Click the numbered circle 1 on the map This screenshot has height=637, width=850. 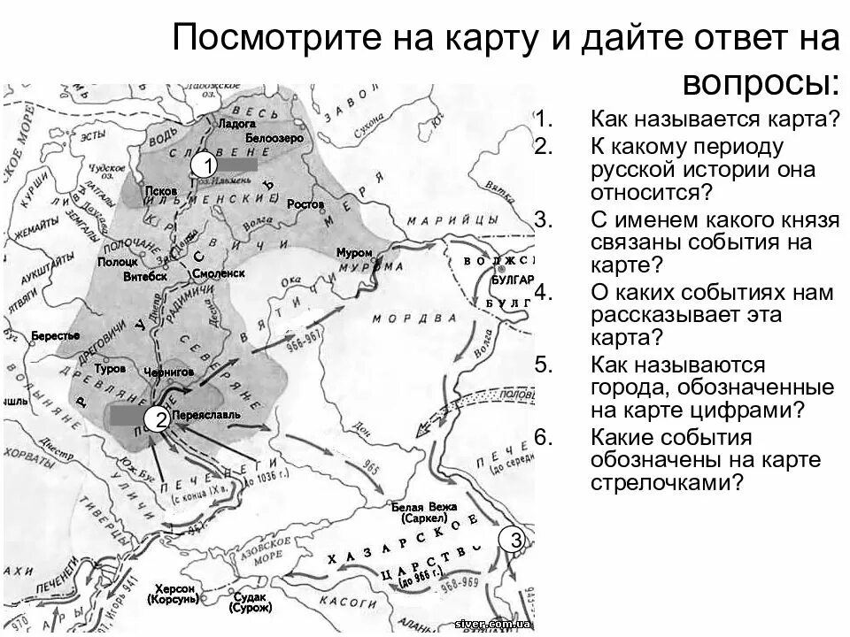pyautogui.click(x=206, y=165)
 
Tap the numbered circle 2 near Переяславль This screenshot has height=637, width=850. pyautogui.click(x=160, y=420)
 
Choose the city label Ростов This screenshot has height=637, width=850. pyautogui.click(x=306, y=203)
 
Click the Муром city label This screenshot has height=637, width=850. pyautogui.click(x=354, y=252)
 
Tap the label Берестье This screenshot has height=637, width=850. pyautogui.click(x=55, y=336)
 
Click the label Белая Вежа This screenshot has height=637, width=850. pyautogui.click(x=428, y=507)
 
